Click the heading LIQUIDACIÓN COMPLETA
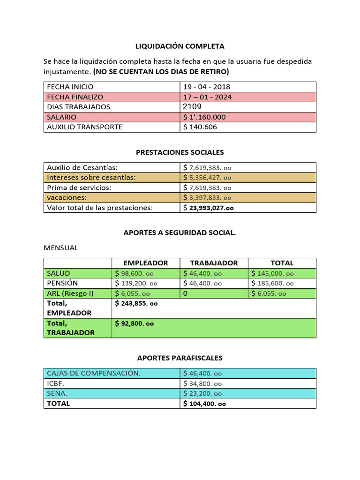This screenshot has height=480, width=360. click(x=180, y=46)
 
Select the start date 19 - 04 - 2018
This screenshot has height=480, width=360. click(x=207, y=87)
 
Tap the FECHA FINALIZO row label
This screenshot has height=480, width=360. click(x=75, y=97)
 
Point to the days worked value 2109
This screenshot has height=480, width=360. click(x=193, y=107)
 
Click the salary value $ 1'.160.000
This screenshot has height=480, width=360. click(x=204, y=117)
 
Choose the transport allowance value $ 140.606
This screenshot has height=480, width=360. click(x=200, y=127)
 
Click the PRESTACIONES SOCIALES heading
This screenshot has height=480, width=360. click(x=180, y=152)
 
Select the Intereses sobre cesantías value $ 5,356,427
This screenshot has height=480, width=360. click(x=207, y=178)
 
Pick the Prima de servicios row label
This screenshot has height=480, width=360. click(x=79, y=187)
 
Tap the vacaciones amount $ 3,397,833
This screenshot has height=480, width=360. click(x=207, y=198)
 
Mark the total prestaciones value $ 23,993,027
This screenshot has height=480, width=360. click(x=209, y=208)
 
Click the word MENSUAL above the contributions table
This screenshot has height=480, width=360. click(x=60, y=248)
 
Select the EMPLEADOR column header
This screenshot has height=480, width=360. click(x=145, y=263)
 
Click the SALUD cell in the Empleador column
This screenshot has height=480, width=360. click(x=136, y=273)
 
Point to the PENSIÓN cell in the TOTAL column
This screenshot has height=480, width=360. click(x=272, y=284)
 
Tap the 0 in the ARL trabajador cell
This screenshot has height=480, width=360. click(x=186, y=293)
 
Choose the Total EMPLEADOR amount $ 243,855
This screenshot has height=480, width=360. click(x=136, y=304)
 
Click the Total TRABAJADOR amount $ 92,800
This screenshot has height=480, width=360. click(x=135, y=323)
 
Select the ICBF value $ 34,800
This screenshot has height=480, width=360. click(x=202, y=383)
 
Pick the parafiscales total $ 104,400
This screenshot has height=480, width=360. click(x=204, y=404)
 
